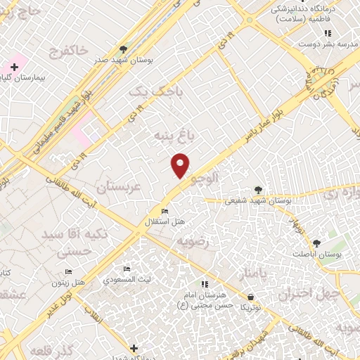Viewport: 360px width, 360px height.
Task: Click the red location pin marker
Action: pos(181,164)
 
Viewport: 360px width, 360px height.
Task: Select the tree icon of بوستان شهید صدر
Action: pos(124,49)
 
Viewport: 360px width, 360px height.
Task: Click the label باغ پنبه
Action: pos(170,134)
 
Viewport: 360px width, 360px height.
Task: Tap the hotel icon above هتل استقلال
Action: pos(165,211)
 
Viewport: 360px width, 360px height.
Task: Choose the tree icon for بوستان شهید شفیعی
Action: pos(258,189)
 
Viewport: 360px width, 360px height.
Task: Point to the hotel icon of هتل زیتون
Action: pos(68,271)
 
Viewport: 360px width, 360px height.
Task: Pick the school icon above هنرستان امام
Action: pos(204,284)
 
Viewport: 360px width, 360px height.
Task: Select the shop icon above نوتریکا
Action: pos(250,297)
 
